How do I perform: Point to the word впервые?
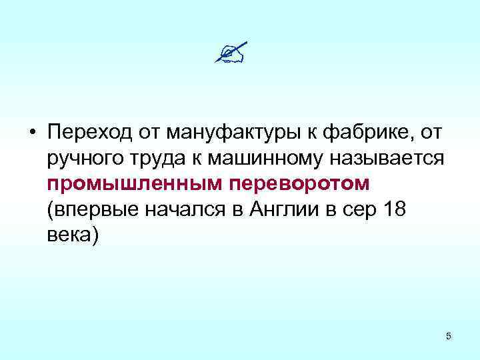tap(92, 211)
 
